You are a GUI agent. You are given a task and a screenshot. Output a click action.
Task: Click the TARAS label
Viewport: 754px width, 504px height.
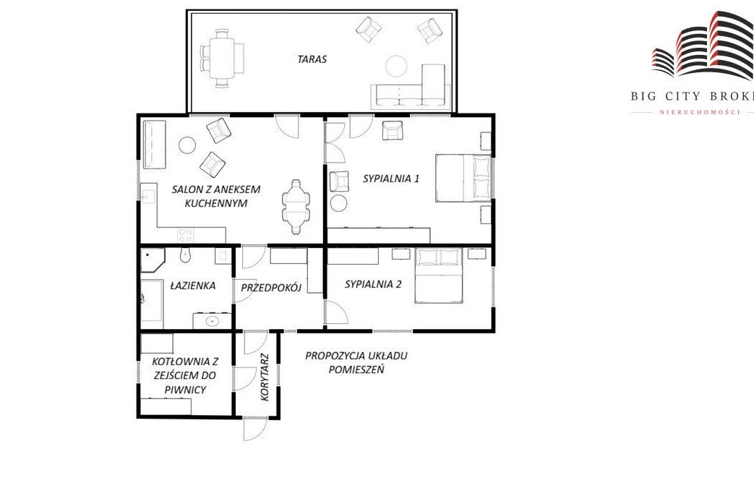312,59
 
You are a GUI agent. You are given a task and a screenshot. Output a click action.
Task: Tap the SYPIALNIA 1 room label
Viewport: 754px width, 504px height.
391,179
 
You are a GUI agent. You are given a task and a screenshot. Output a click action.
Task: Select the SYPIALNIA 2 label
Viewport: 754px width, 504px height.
373,284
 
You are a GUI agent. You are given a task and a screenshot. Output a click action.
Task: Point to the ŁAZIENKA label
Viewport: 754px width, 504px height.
193,285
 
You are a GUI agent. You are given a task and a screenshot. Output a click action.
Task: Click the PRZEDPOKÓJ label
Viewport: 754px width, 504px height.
271,288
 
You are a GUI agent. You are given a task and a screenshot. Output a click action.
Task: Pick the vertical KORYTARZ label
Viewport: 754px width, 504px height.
264,378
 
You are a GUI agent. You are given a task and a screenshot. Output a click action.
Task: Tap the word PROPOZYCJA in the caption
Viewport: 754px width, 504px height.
335,356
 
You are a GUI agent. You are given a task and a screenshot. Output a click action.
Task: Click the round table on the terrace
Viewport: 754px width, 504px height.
397,66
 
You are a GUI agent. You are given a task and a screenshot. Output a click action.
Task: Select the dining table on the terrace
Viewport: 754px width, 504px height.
222,58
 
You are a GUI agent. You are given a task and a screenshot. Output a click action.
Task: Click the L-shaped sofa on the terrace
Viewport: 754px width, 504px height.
411,85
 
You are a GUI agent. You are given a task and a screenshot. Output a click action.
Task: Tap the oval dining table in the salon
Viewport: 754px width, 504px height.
296,207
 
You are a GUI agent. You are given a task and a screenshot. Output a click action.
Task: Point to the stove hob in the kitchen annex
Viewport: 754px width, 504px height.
186,235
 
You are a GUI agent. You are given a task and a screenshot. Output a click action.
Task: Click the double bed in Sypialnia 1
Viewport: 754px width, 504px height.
463,178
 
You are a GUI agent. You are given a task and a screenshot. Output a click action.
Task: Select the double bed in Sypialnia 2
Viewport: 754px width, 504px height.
439,276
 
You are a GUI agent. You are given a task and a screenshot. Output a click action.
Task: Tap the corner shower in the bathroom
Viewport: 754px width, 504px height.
153,260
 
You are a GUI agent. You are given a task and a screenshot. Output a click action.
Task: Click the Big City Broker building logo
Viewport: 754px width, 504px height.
703,45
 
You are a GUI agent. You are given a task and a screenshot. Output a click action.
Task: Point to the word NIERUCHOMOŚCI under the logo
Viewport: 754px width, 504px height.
699,112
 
